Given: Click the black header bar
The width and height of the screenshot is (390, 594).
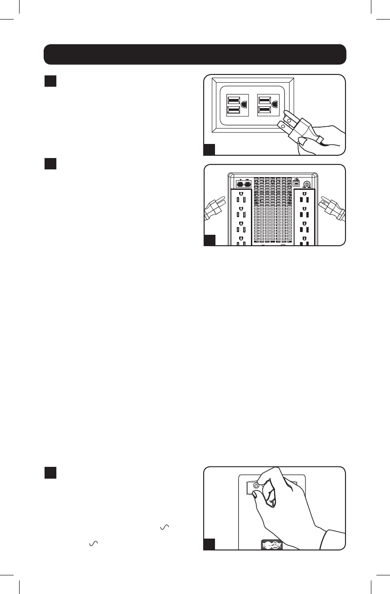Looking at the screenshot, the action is tap(195, 54).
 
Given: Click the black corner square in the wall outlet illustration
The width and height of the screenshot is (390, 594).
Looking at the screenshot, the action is tap(209, 150).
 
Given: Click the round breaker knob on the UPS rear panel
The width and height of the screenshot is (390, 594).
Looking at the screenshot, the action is tap(307, 184).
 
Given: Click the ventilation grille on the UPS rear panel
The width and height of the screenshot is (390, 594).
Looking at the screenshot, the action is tap(273, 209).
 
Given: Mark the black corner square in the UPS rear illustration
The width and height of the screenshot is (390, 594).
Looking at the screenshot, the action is tap(209, 240).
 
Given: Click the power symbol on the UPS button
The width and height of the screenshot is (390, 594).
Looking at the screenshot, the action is tap(256, 485).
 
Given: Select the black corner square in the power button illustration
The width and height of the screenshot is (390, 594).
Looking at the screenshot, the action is tap(209, 544).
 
